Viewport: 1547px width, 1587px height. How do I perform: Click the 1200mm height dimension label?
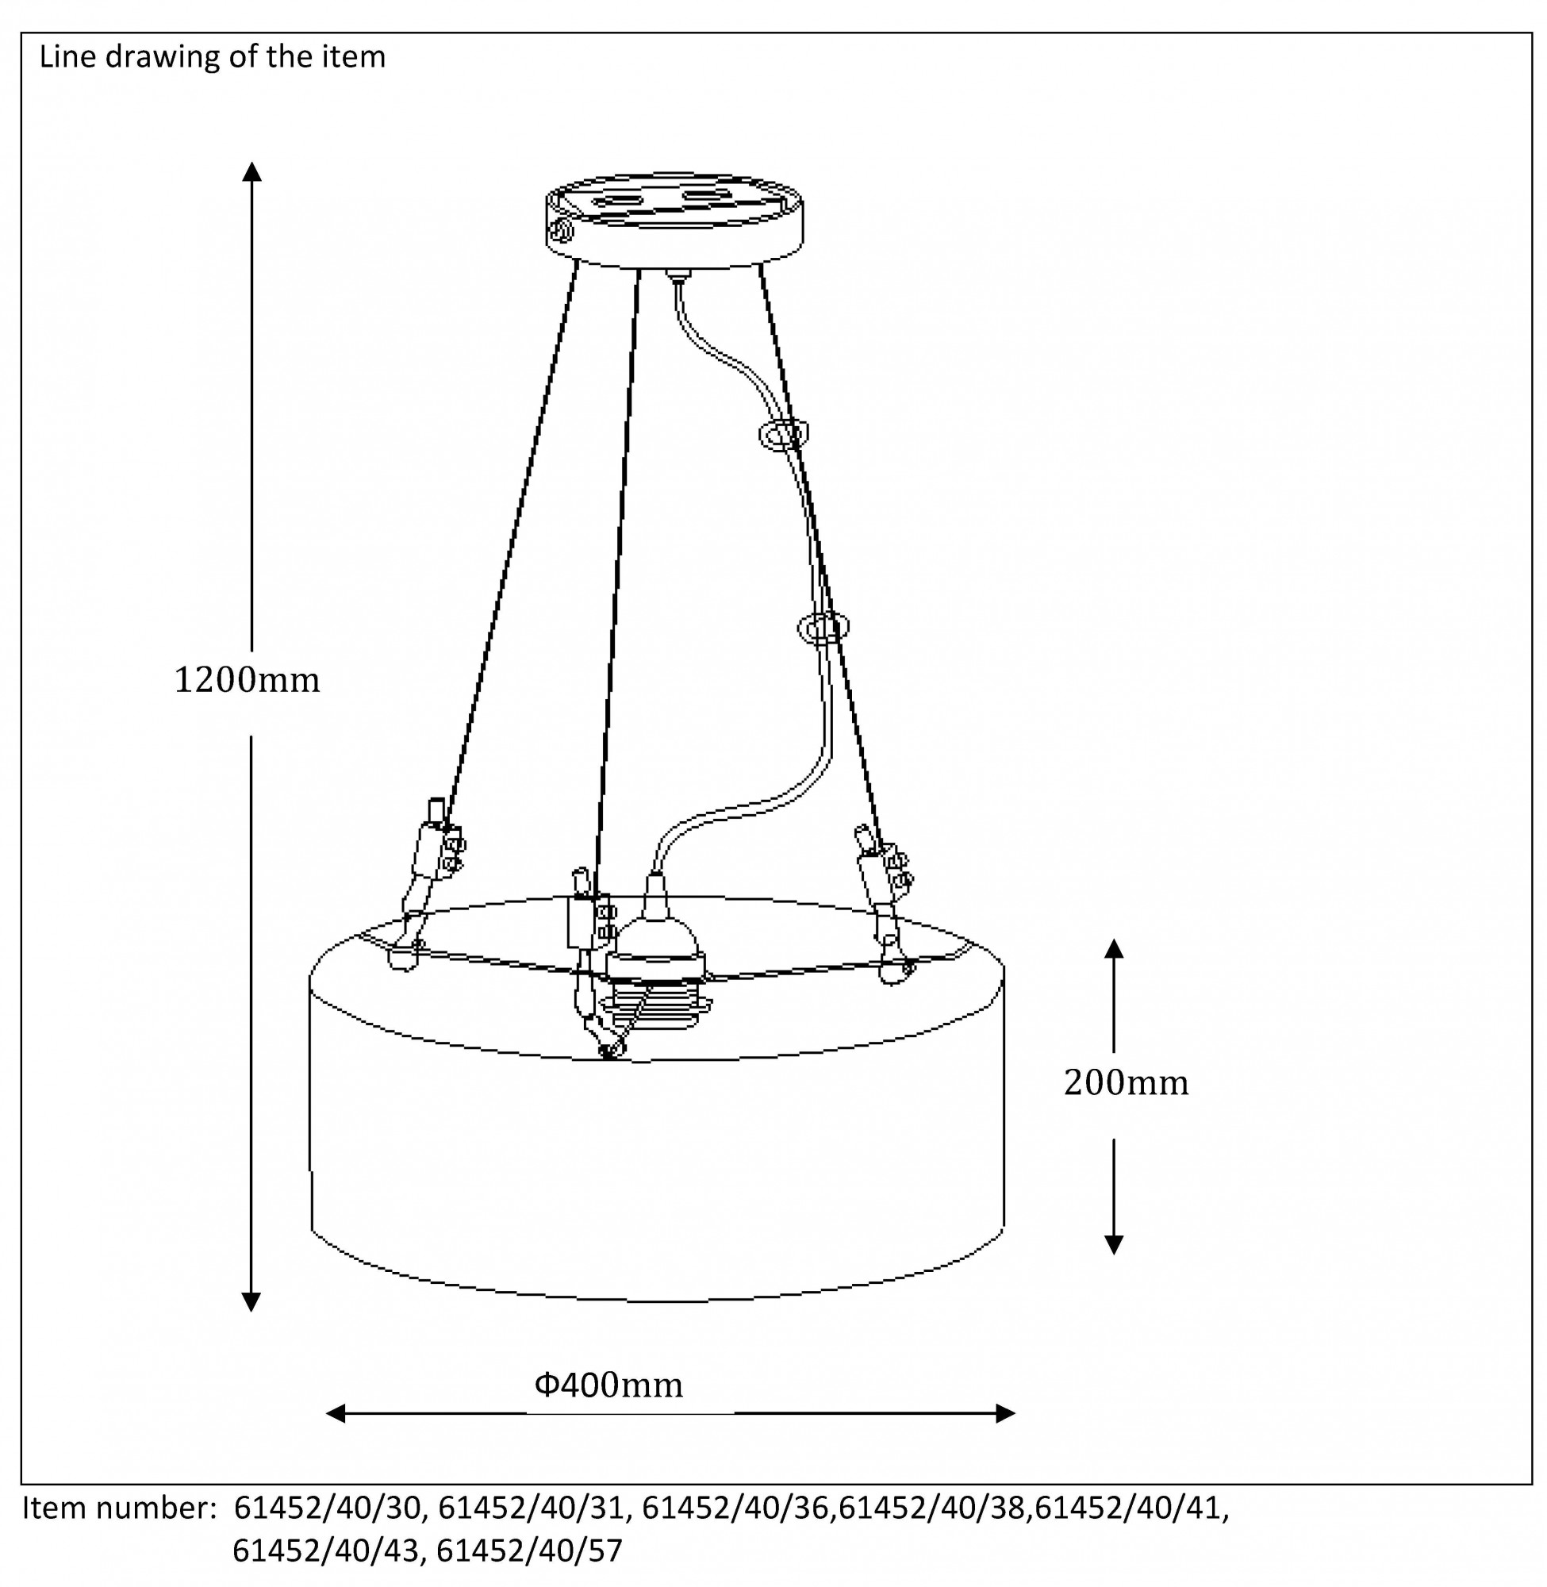pyautogui.click(x=247, y=680)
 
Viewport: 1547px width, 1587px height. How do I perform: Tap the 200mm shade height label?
pyautogui.click(x=1126, y=1082)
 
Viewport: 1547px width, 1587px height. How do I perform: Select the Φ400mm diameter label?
pyautogui.click(x=608, y=1385)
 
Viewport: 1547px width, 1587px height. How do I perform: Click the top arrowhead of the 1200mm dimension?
pyautogui.click(x=251, y=171)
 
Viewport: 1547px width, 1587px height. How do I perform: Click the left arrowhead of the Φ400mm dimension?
pyautogui.click(x=336, y=1413)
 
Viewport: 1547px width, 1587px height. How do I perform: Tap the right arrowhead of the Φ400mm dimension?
pyautogui.click(x=1005, y=1413)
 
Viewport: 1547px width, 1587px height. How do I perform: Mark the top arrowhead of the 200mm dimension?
pyautogui.click(x=1114, y=948)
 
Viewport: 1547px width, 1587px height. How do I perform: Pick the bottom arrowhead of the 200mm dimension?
pyautogui.click(x=1114, y=1245)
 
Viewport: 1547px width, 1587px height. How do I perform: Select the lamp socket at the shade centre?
pyautogui.click(x=654, y=963)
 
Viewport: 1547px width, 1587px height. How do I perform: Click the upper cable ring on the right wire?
pyautogui.click(x=784, y=434)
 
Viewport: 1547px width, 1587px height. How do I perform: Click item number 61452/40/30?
pyautogui.click(x=328, y=1508)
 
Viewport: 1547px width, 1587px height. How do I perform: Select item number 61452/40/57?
pyautogui.click(x=529, y=1550)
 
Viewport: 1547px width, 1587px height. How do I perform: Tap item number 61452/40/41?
pyautogui.click(x=1131, y=1508)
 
